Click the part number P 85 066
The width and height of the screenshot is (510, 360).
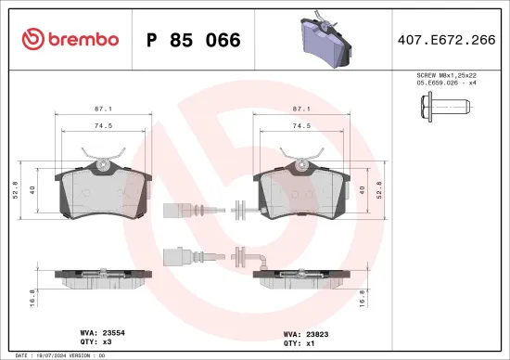tap(194, 41)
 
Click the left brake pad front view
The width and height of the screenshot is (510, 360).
tap(103, 190)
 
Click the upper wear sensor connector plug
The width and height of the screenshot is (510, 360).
tap(174, 209)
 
